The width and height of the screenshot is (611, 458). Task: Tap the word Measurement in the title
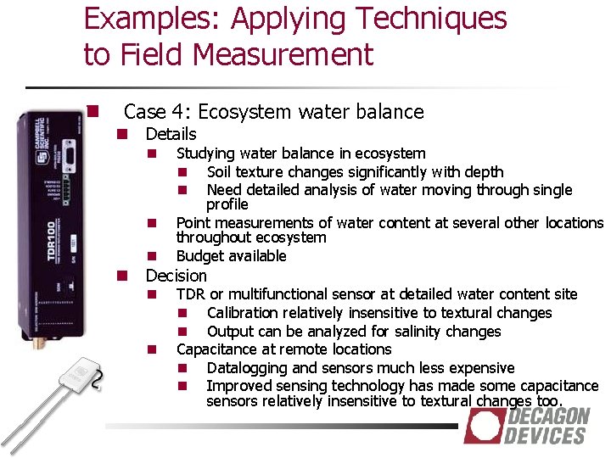click(283, 55)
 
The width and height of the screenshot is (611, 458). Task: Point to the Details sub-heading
click(171, 134)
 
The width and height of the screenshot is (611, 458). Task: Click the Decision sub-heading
click(176, 276)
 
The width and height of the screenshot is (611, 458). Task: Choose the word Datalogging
click(248, 368)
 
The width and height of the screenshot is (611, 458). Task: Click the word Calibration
click(245, 313)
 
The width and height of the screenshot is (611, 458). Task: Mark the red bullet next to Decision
click(122, 276)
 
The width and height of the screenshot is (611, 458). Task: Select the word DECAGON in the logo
click(548, 416)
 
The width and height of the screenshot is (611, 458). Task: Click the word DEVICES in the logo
click(544, 435)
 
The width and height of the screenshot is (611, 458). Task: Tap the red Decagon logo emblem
click(484, 426)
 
